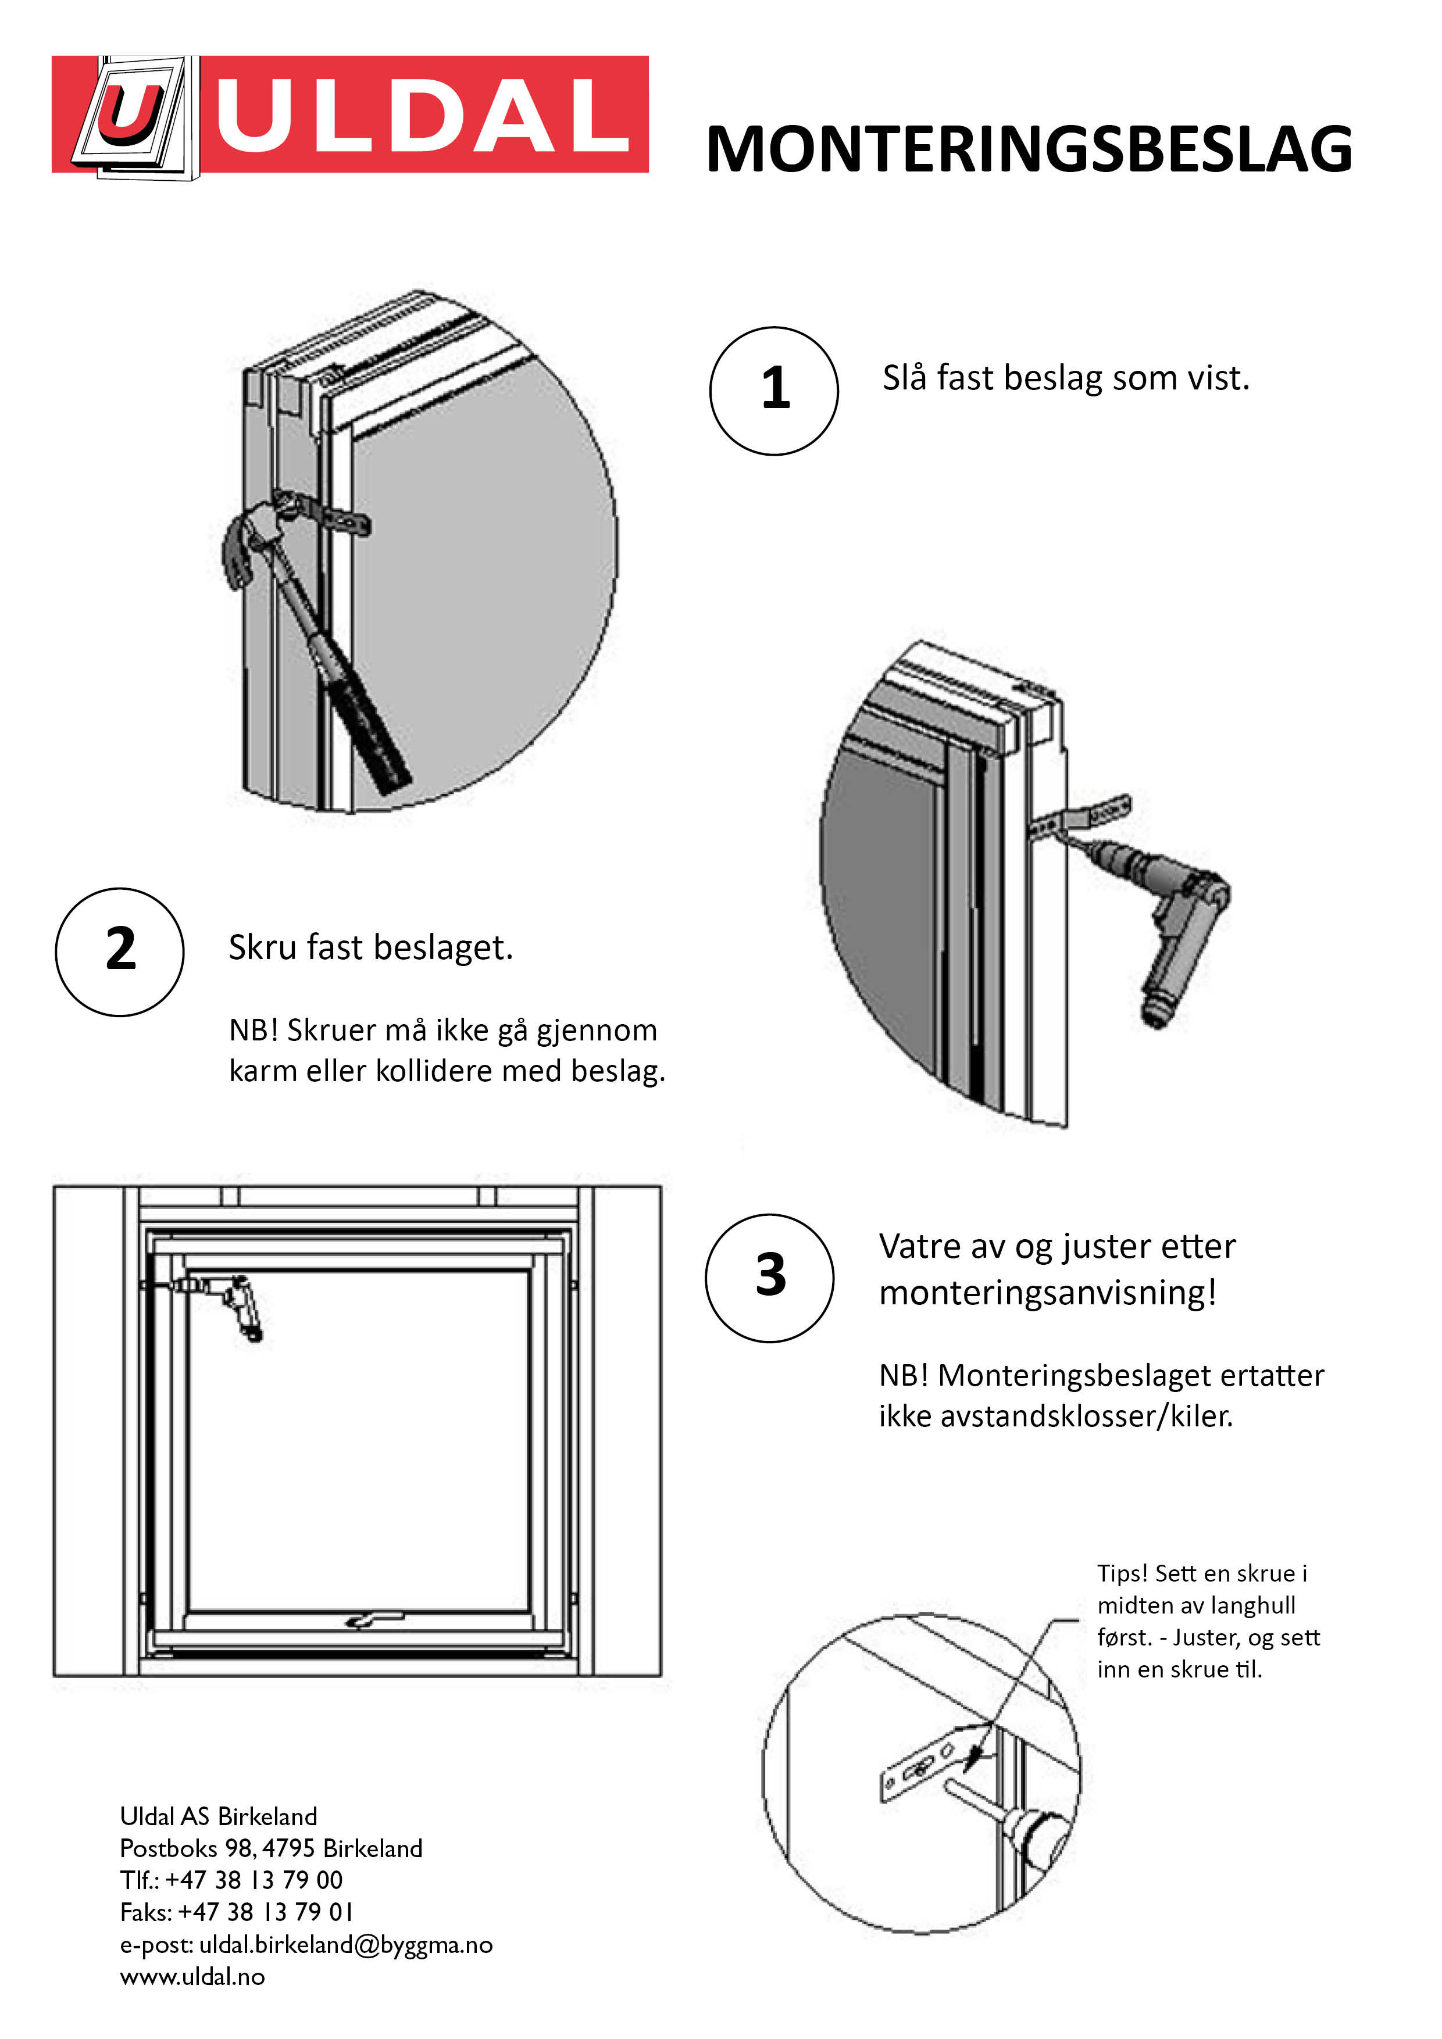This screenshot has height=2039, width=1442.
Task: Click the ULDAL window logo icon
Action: (x=133, y=116)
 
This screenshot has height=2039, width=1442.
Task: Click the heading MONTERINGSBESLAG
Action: (x=1029, y=149)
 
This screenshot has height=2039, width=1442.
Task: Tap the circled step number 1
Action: (x=774, y=391)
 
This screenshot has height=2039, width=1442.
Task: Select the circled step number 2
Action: (x=120, y=951)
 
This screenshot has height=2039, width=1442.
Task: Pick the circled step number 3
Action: (x=769, y=1277)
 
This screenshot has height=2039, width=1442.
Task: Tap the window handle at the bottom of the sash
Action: (x=374, y=1620)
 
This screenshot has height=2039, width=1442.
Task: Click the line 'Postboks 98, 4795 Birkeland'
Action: (x=271, y=1848)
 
